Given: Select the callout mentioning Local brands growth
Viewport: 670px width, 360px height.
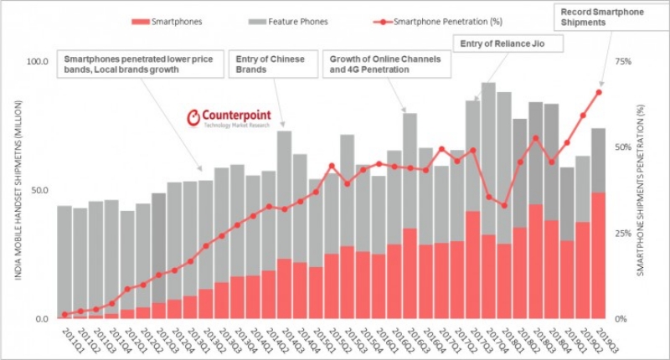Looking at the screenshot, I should (142, 64).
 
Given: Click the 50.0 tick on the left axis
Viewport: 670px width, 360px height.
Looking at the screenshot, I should (39, 190).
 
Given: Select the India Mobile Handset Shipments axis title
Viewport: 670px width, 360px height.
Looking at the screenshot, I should (18, 190).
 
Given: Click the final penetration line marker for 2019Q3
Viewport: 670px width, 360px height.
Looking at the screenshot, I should (599, 92).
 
